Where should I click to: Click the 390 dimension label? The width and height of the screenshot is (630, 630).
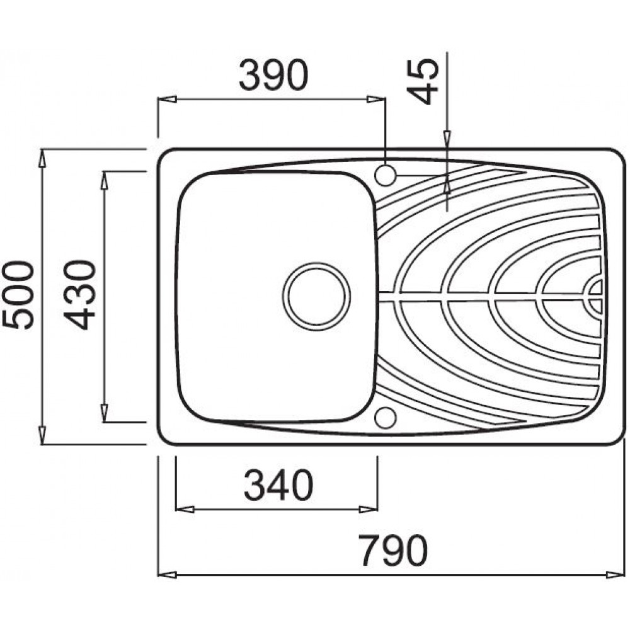click(x=273, y=75)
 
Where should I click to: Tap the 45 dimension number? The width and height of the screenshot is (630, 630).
click(x=422, y=81)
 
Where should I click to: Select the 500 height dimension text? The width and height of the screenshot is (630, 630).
click(x=18, y=295)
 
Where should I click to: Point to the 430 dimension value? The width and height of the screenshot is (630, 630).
click(x=79, y=295)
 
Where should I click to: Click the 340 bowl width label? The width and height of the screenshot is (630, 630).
click(x=278, y=485)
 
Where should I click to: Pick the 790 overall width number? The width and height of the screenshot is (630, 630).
click(x=393, y=551)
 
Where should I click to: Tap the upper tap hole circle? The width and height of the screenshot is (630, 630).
click(x=386, y=175)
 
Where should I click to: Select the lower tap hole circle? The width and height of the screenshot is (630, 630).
click(x=386, y=418)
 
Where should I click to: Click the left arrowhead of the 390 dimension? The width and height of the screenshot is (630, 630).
click(x=167, y=99)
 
